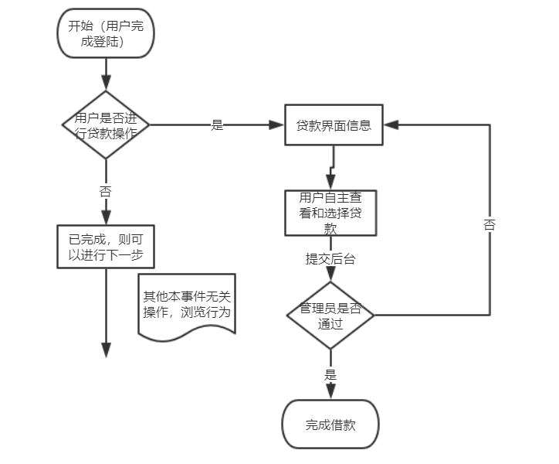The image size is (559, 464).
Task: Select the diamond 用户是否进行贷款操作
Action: pyautogui.click(x=105, y=125)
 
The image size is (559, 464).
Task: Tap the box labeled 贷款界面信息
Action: pyautogui.click(x=334, y=125)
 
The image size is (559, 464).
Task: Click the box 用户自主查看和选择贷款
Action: pyautogui.click(x=330, y=212)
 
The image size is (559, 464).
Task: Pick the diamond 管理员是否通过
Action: pyautogui.click(x=330, y=315)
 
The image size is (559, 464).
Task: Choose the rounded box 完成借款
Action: pyautogui.click(x=330, y=425)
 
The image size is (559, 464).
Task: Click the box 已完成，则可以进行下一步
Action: pyautogui.click(x=107, y=247)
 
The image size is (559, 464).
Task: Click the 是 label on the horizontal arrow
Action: pyautogui.click(x=217, y=125)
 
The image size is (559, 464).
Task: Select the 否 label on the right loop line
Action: pyautogui.click(x=490, y=225)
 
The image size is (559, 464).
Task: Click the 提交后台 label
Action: pyautogui.click(x=330, y=260)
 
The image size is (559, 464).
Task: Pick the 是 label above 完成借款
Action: pyautogui.click(x=330, y=374)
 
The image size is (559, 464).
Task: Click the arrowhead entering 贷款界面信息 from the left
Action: pyautogui.click(x=278, y=125)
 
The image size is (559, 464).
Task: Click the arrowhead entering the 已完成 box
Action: pyautogui.click(x=106, y=218)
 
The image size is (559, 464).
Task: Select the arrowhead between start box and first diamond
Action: pyautogui.click(x=106, y=83)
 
